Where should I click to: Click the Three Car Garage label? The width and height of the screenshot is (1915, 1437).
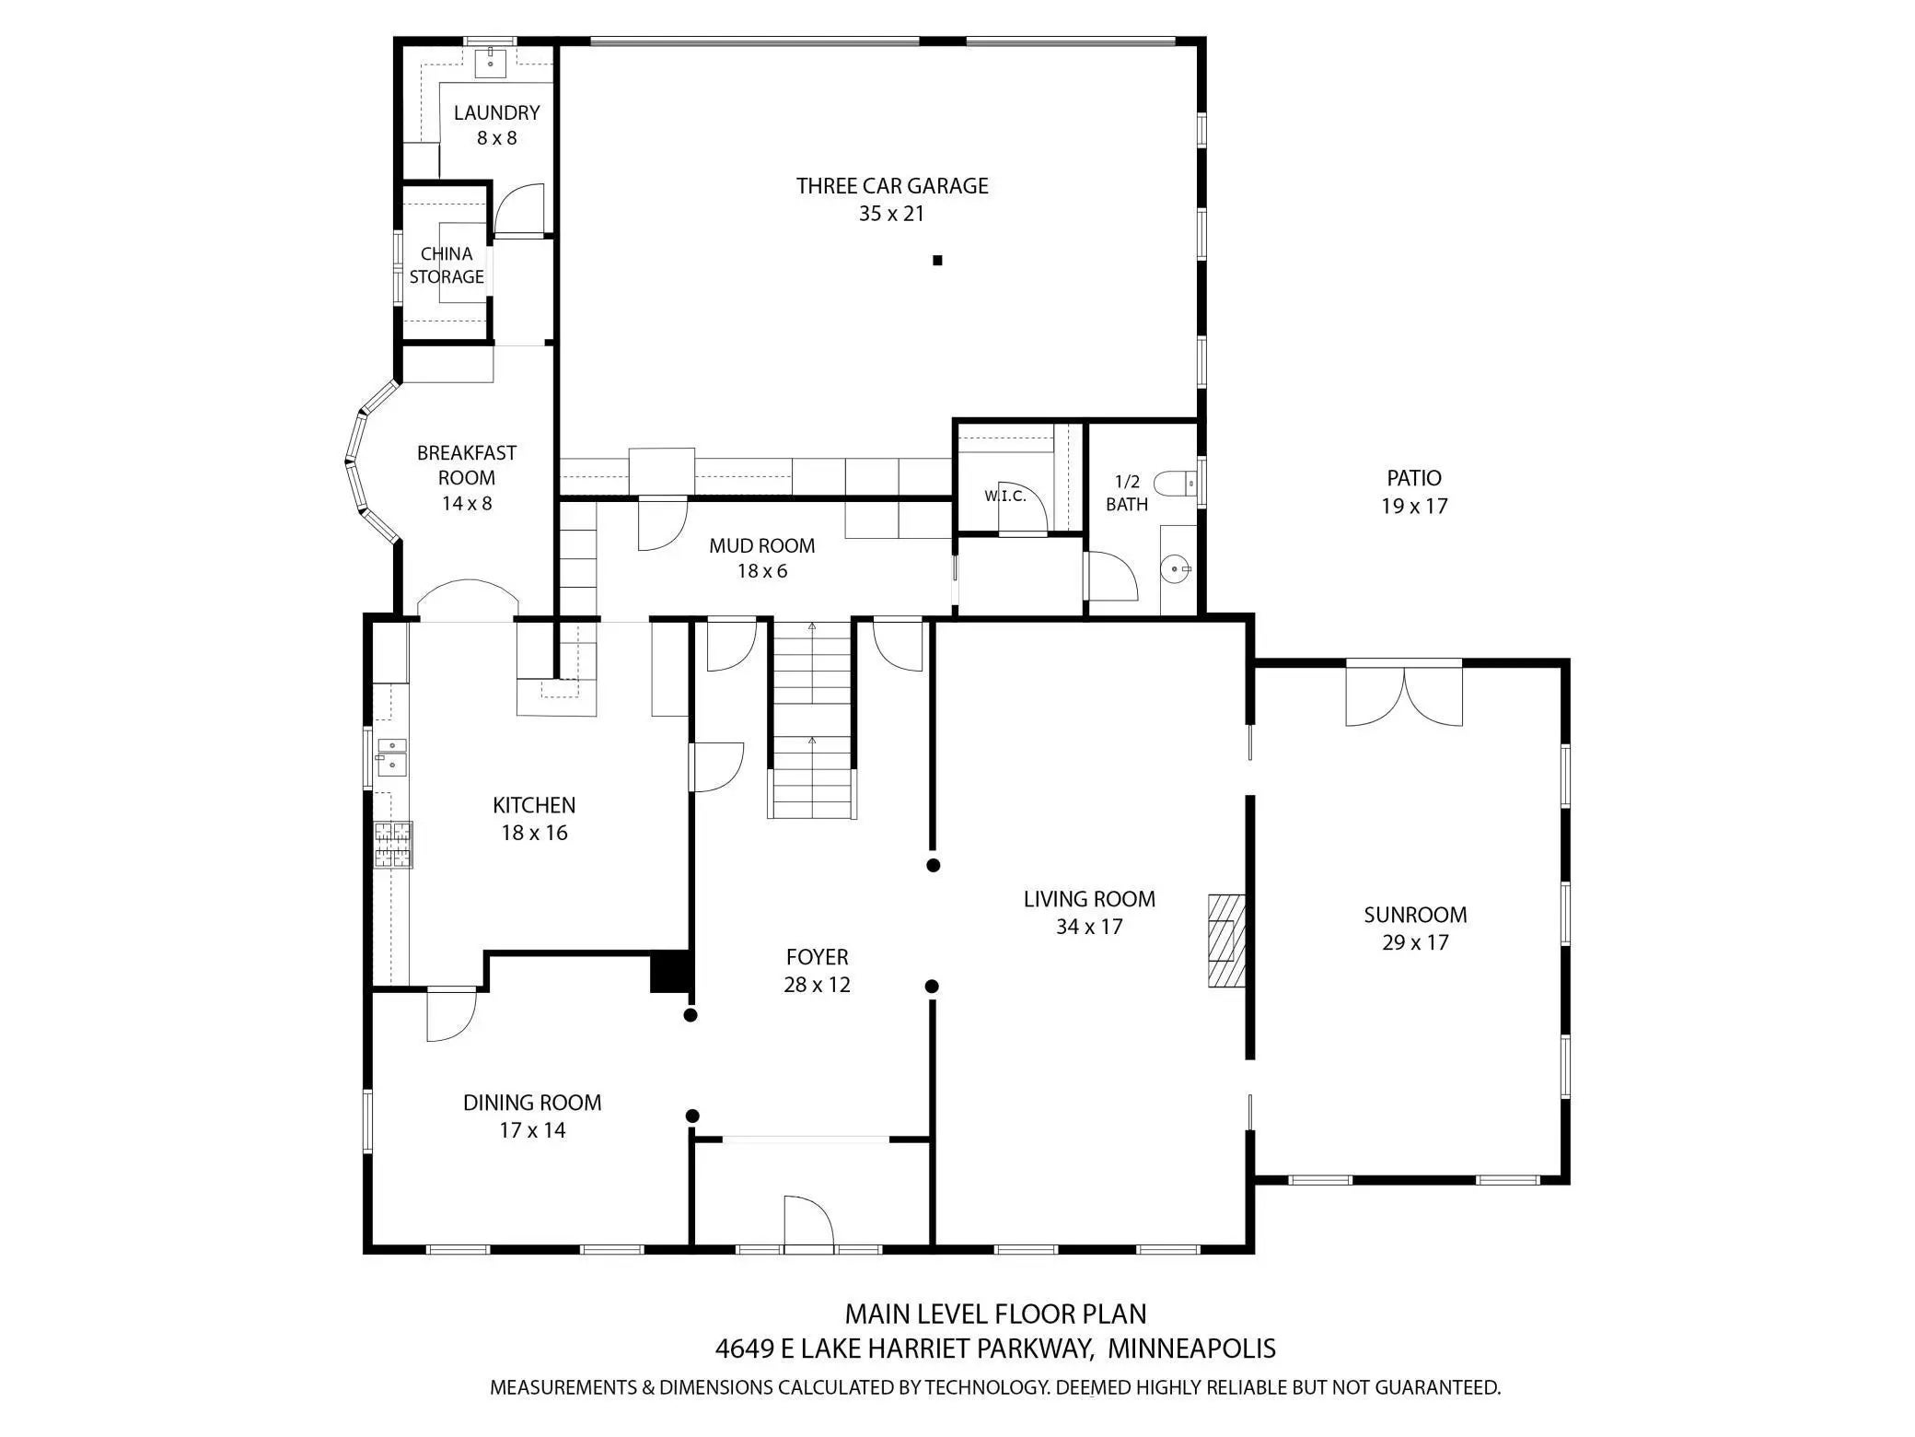[891, 199]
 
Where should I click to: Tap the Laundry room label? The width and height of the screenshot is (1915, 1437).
[496, 124]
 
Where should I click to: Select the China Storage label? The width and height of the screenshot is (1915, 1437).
[447, 265]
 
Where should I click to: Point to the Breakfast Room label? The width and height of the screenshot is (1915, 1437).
[467, 477]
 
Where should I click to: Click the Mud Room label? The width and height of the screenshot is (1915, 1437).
[761, 557]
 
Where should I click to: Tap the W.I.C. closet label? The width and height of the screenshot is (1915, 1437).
[1004, 497]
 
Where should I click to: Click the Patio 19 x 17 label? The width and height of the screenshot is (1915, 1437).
[1414, 492]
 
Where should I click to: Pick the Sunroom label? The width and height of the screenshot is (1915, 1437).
[1415, 928]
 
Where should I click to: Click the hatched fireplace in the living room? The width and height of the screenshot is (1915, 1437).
[1226, 940]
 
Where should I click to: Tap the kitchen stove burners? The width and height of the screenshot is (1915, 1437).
[393, 845]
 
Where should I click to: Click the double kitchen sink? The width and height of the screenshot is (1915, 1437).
[392, 756]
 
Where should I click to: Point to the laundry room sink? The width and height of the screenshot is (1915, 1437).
[491, 61]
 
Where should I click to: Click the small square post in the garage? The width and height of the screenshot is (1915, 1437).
[937, 261]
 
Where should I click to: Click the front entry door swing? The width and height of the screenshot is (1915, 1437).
[809, 1221]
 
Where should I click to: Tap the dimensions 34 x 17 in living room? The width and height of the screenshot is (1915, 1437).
[1089, 927]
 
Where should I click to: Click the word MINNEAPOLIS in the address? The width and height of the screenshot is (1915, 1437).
[1191, 1349]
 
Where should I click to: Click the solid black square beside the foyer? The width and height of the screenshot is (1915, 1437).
[671, 972]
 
